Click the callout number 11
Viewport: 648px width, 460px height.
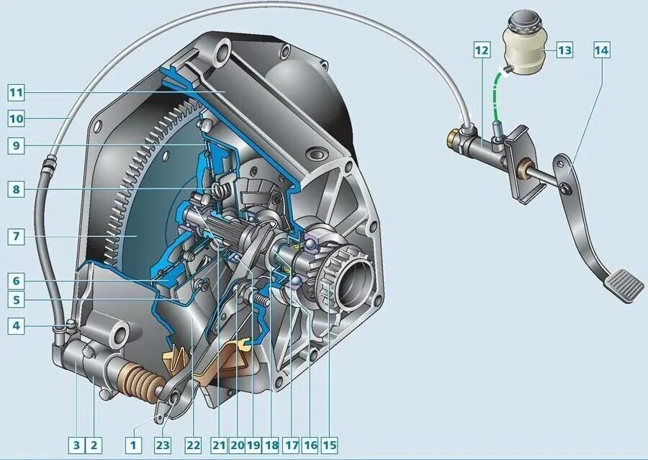point(16,93)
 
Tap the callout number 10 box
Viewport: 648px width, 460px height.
point(16,119)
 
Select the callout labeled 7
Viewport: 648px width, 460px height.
point(16,236)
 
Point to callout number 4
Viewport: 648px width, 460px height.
point(16,325)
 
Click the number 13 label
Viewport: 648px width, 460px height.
point(564,50)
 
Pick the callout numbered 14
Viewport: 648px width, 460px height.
point(602,50)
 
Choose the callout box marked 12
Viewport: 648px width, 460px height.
point(482,50)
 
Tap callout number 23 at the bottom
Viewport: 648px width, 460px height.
point(163,445)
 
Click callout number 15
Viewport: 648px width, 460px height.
point(329,445)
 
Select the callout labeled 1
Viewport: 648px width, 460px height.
point(133,445)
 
